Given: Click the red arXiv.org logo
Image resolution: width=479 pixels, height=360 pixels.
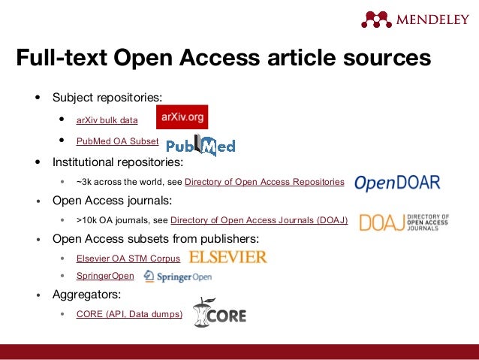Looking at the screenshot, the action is [x=182, y=117].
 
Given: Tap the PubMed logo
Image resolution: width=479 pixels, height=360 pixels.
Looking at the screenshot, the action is [x=200, y=145].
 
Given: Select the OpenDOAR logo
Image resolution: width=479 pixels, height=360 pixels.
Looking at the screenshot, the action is [x=396, y=183].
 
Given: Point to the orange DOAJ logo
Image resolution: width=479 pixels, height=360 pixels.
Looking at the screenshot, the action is [x=404, y=222].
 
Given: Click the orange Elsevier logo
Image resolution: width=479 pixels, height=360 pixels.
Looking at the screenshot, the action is [x=228, y=258].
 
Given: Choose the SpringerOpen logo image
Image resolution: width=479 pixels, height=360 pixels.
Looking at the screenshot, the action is [x=177, y=277].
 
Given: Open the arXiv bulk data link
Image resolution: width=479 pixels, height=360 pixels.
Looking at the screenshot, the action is [x=107, y=119].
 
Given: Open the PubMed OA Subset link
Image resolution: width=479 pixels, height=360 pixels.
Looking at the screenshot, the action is [x=117, y=141].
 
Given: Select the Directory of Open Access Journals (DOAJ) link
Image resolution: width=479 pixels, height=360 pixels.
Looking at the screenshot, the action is [x=259, y=220].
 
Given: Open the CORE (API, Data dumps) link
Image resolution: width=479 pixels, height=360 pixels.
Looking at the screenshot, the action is [x=129, y=313].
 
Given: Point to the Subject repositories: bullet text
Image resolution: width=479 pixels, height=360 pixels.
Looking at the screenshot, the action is [x=106, y=98].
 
